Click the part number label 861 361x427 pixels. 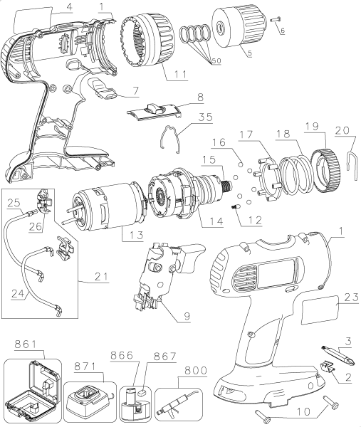click(23, 344)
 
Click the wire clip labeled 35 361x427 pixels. click(173, 137)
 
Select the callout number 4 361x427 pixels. click(69, 8)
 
